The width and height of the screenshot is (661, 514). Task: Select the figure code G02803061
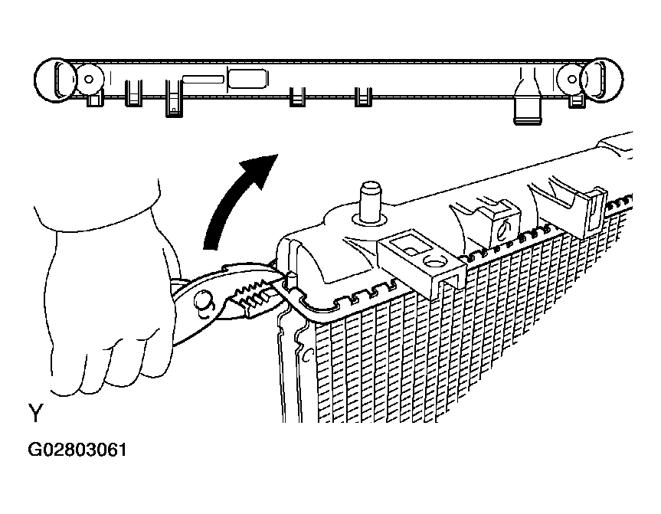point(77,450)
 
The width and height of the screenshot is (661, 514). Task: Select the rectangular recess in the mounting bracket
point(407,245)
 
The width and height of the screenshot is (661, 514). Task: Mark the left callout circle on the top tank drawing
point(56,80)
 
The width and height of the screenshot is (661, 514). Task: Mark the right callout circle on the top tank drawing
point(601,80)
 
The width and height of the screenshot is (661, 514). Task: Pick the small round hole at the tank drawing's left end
point(89,79)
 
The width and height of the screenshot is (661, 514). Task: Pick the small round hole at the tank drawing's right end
point(572,79)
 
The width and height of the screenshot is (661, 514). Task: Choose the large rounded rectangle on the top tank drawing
point(247,79)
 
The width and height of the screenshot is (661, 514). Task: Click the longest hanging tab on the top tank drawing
point(174,99)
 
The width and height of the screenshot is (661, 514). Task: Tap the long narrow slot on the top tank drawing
point(203,79)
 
